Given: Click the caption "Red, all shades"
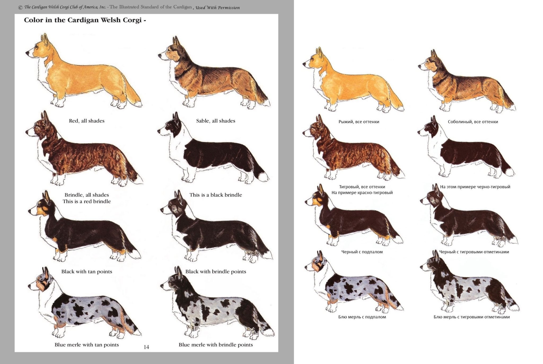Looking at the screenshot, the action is point(87,121).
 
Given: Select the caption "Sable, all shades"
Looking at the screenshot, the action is point(216,121).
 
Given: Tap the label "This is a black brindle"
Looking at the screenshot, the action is point(216,195).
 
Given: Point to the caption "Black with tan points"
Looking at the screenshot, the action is point(87,272).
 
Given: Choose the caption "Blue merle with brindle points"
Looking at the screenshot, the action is point(216,345).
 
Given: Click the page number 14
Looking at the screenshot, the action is point(146,347).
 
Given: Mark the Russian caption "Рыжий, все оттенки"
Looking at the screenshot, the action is point(359,122).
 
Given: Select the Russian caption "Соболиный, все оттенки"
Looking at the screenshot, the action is point(473,122).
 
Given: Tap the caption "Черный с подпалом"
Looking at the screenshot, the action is point(362,252).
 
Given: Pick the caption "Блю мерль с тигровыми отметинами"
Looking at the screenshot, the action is point(472,317).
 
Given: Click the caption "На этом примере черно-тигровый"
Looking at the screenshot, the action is point(475,187).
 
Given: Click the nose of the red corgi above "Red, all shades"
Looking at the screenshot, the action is point(27,53).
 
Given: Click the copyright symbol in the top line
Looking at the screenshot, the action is point(20,8).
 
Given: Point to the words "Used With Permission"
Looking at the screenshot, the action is point(218,8).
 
